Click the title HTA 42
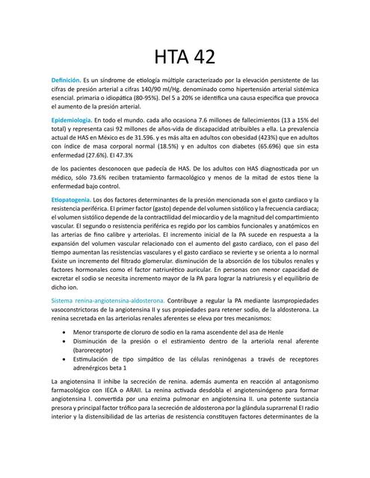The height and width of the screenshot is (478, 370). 185,57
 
